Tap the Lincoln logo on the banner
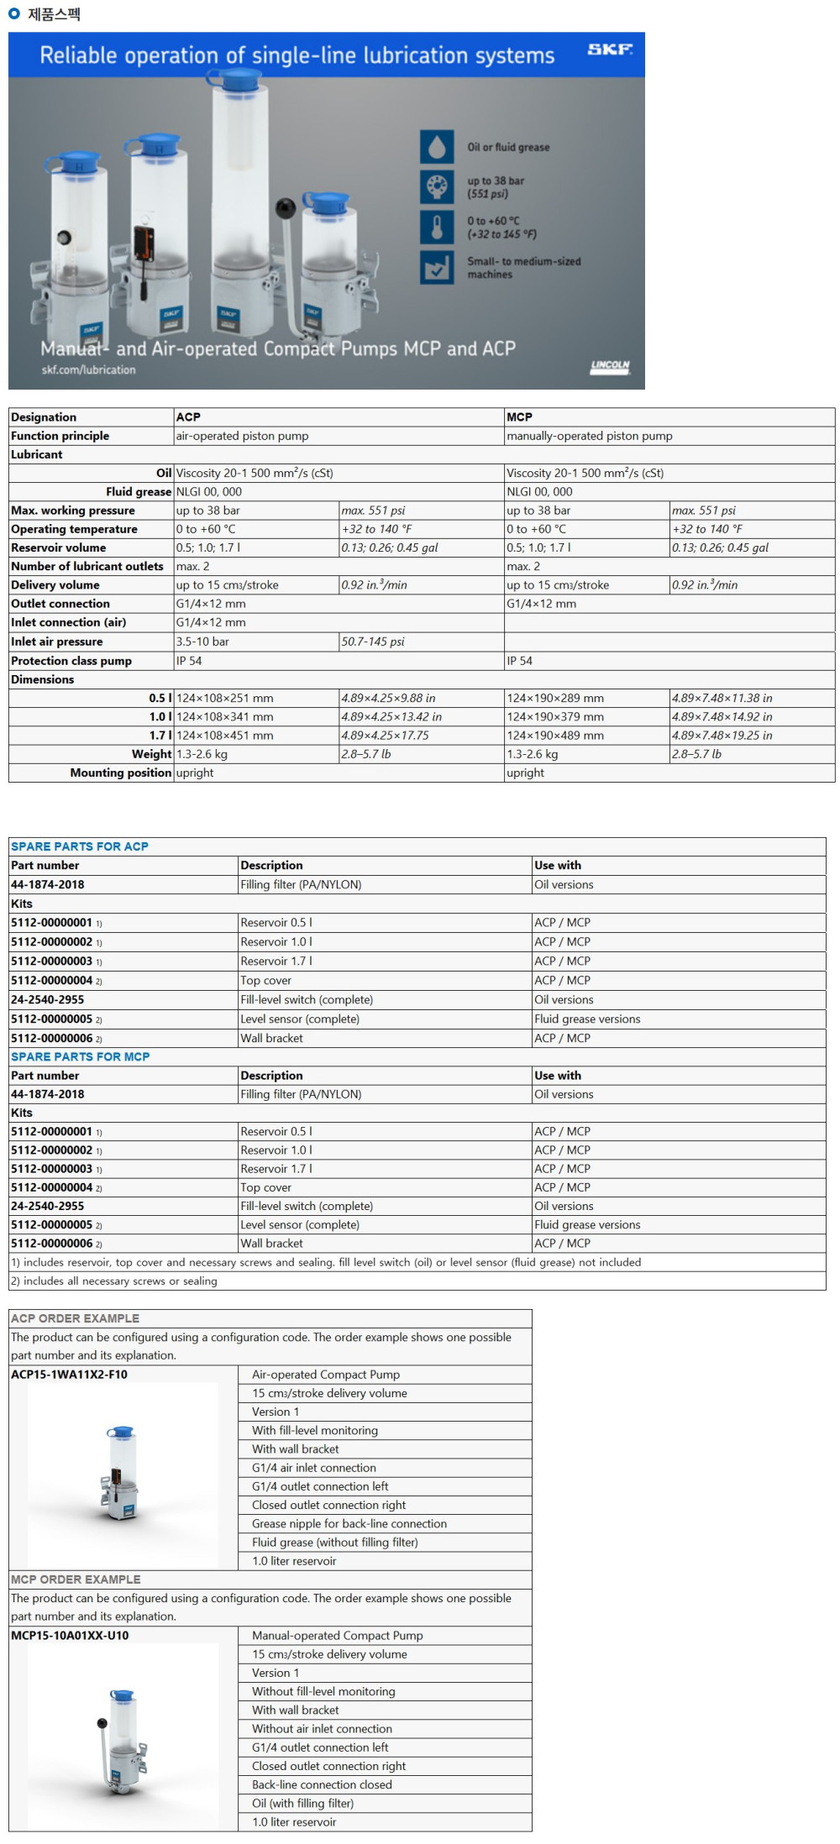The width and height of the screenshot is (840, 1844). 610,366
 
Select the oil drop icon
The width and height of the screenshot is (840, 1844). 437,147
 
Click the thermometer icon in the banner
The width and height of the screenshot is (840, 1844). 437,227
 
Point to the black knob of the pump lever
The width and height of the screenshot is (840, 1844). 286,207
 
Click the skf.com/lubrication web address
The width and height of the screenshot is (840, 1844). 88,369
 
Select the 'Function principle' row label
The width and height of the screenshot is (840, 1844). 60,436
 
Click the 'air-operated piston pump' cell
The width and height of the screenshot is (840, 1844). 242,436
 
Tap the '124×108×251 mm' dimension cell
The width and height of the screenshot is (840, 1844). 224,698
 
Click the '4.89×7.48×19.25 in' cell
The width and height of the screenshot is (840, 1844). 722,736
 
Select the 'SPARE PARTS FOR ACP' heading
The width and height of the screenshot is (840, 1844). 80,846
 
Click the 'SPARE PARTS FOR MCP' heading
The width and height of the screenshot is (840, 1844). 81,1056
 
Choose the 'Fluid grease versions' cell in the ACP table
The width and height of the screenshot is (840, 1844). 587,1019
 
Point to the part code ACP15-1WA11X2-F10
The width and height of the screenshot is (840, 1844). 70,1375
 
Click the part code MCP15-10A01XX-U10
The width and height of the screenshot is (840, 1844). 70,1636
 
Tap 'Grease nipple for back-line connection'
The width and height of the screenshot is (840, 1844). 349,1523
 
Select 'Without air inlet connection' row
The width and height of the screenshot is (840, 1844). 322,1729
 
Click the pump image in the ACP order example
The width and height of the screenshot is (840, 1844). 123,1473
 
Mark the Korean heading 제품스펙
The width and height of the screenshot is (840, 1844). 54,13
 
